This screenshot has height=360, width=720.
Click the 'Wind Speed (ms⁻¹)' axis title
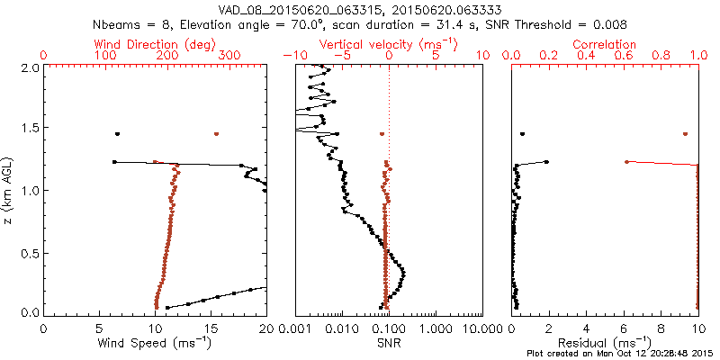(155, 343)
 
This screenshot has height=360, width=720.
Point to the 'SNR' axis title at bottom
(388, 343)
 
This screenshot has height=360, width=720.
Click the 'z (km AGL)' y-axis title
(11, 189)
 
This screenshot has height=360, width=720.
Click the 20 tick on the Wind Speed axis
(266, 328)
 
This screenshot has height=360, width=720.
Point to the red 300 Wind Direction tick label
(229, 56)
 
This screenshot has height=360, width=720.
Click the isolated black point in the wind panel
(117, 134)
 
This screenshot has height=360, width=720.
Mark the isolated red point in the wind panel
(216, 134)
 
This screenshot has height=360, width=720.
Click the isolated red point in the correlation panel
(685, 134)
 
